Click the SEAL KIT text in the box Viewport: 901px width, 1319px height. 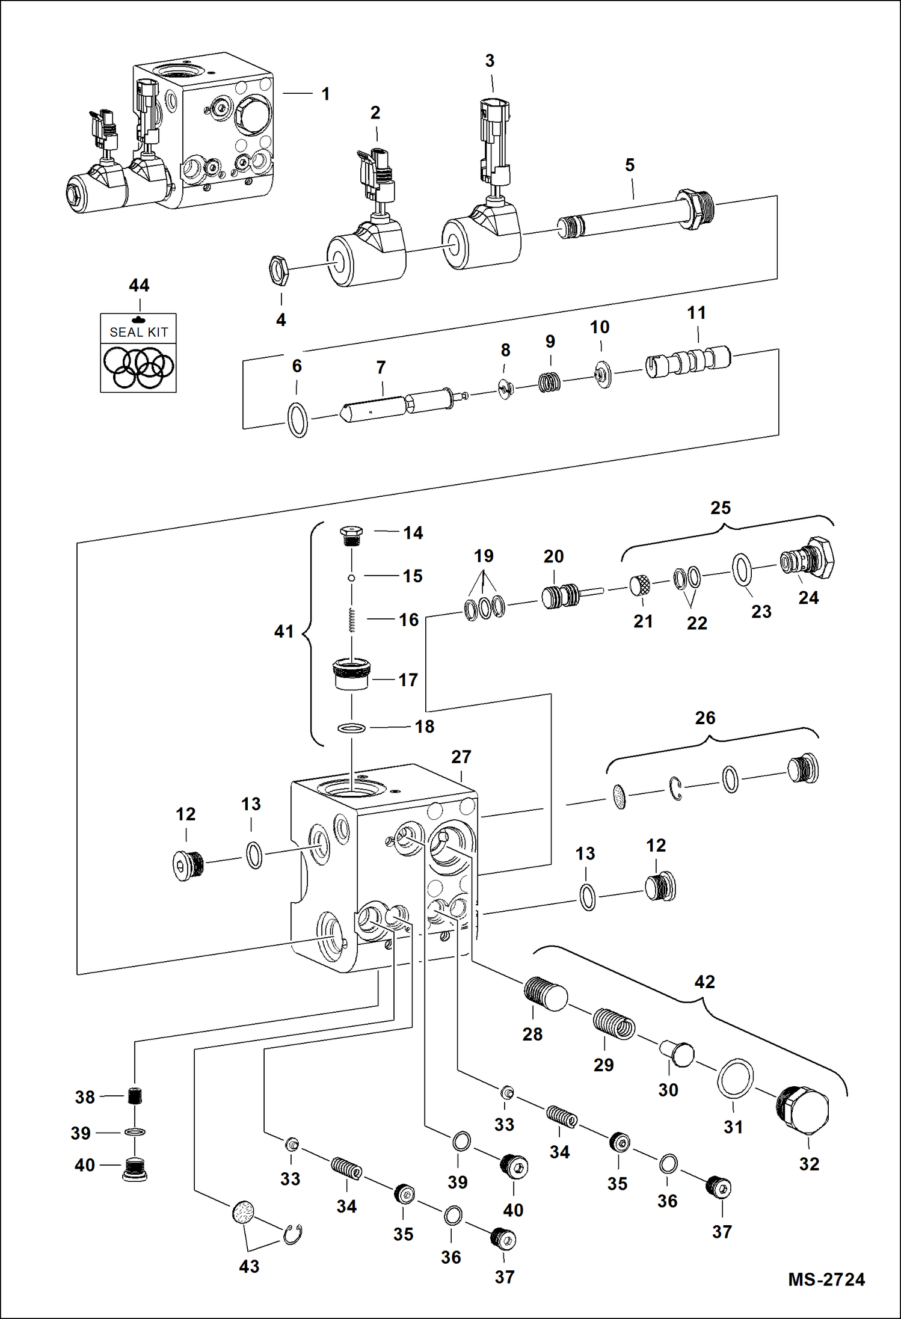(x=138, y=332)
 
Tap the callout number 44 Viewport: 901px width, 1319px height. (x=139, y=285)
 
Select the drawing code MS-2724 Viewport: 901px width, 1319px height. (x=826, y=1279)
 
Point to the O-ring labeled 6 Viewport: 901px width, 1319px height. (x=298, y=420)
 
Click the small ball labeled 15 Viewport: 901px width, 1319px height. (x=351, y=578)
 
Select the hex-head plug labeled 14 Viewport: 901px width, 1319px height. (x=351, y=534)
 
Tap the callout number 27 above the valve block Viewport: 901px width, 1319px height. (x=461, y=757)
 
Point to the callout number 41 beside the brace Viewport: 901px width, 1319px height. (x=284, y=632)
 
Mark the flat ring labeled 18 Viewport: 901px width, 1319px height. (x=351, y=729)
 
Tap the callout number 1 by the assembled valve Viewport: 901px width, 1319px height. (x=325, y=94)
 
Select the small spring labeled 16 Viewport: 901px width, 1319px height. (x=352, y=621)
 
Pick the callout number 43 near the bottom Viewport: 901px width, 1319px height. (x=249, y=1266)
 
